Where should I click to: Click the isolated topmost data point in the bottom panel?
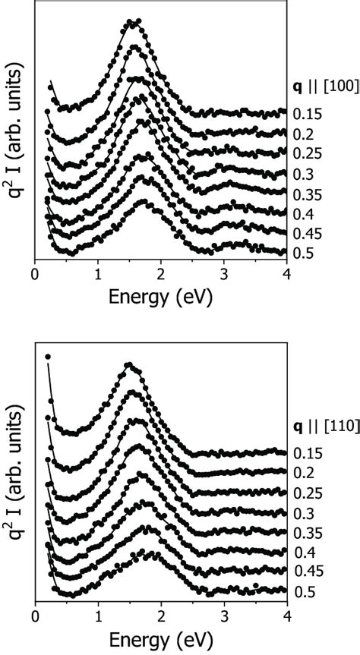click(x=48, y=356)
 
